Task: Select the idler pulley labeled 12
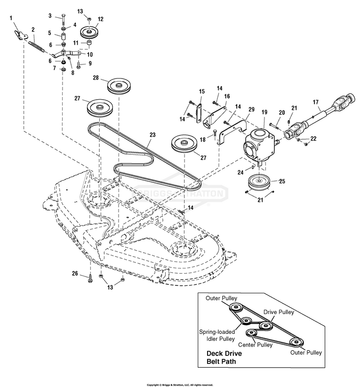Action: click(88, 33)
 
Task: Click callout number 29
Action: click(251, 109)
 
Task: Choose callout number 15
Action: click(202, 91)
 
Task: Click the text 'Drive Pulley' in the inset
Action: click(279, 312)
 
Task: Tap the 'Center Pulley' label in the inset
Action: click(258, 345)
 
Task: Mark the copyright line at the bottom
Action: click(180, 384)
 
